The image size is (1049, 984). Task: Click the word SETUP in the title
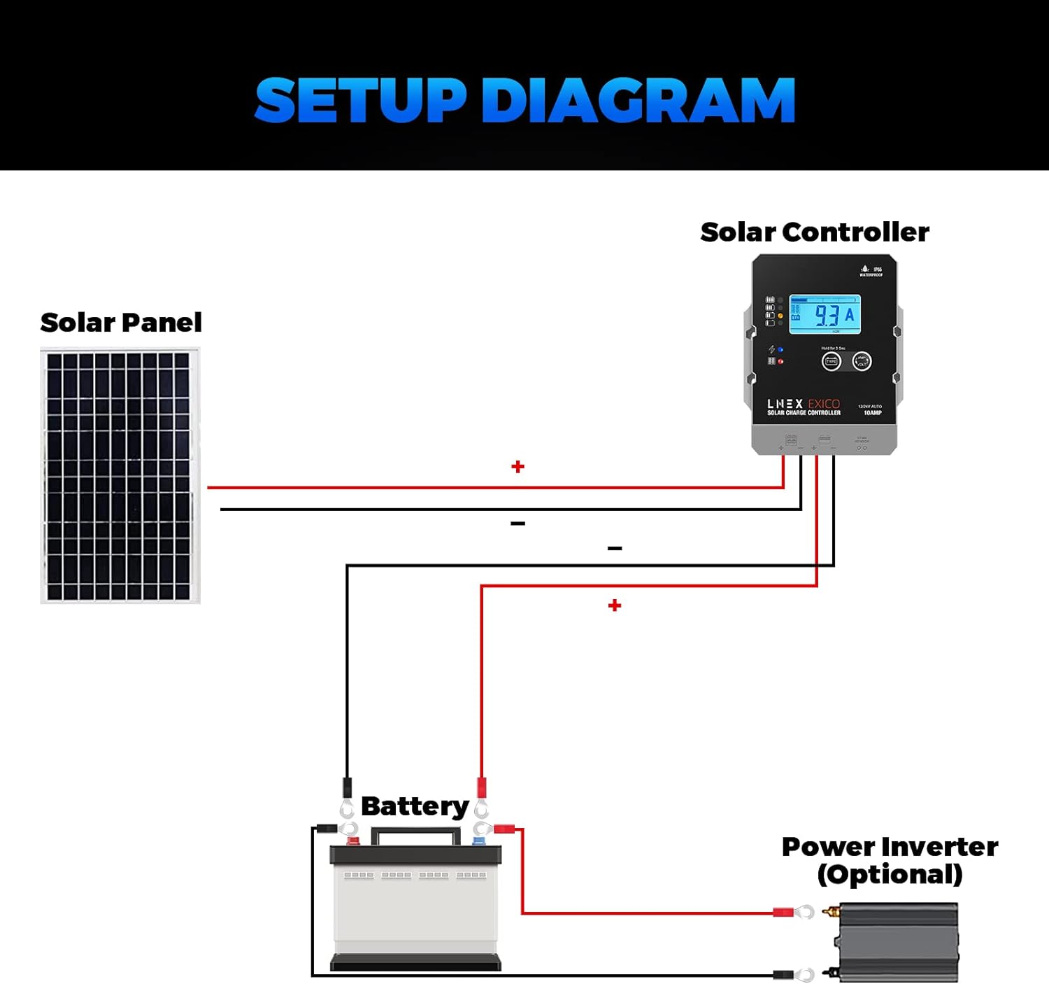tap(360, 101)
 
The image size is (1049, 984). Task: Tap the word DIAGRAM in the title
tap(638, 101)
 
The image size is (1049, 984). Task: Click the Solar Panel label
tap(121, 323)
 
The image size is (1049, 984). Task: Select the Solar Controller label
tap(815, 232)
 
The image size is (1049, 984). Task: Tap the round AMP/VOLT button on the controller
tap(862, 361)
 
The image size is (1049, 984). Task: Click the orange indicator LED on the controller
tap(780, 316)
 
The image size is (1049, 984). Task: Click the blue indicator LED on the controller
tap(780, 350)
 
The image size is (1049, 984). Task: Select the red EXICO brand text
tap(824, 404)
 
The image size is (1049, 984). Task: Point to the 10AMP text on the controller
tap(873, 413)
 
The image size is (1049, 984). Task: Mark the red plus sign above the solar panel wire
tap(518, 467)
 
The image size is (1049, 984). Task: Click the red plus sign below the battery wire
tap(615, 605)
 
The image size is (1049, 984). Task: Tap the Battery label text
tap(415, 806)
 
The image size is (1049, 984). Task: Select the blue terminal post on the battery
tap(479, 841)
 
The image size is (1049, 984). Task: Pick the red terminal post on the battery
tap(353, 841)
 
